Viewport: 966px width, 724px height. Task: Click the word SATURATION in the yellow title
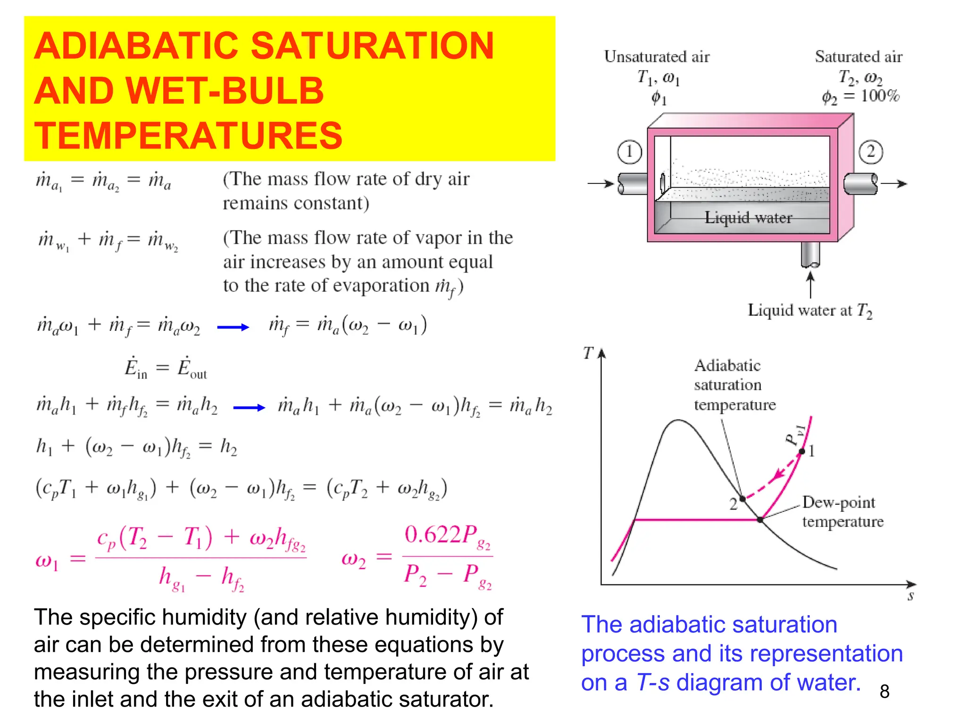coord(372,46)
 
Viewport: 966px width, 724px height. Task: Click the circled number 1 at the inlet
coord(629,152)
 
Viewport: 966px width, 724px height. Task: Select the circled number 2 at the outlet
coord(870,152)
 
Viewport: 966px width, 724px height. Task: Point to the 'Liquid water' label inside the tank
coord(748,218)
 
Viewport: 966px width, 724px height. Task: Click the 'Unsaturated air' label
coord(657,57)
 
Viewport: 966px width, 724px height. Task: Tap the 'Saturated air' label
coord(858,57)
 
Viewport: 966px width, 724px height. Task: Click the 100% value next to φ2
coord(880,96)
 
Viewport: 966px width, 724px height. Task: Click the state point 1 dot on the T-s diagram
coord(802,452)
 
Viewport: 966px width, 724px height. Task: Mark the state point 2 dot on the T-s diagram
coord(742,499)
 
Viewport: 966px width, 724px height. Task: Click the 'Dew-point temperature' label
coord(842,512)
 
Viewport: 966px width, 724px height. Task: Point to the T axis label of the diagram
coord(588,353)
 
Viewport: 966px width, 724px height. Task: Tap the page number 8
coord(884,691)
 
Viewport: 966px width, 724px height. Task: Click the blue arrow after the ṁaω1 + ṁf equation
coord(233,327)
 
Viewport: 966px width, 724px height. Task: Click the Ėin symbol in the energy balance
coord(136,368)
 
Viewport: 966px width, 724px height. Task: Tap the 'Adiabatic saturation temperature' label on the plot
coord(734,385)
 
